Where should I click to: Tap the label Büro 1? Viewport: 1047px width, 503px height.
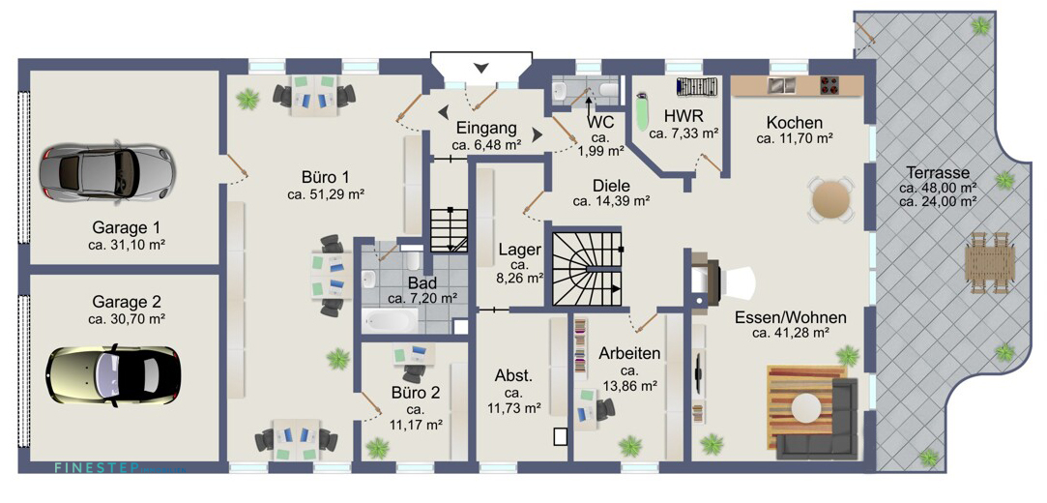tap(325, 177)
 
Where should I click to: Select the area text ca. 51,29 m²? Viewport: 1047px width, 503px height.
tap(325, 194)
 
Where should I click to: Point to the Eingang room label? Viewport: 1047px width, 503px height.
tap(486, 129)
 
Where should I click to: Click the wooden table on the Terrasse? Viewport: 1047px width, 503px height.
tap(990, 261)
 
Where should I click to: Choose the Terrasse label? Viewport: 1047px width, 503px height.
tap(937, 171)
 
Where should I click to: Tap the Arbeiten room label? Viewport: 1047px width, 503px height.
tap(628, 353)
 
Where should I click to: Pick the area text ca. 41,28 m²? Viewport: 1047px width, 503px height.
tap(790, 333)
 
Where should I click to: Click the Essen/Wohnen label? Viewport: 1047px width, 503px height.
tap(790, 316)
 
